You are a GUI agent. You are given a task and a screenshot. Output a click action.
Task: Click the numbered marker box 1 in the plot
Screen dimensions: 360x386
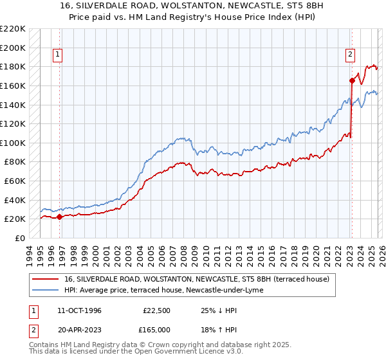[x=58, y=55]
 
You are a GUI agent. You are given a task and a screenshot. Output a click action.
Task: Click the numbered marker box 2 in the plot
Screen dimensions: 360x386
[x=351, y=55]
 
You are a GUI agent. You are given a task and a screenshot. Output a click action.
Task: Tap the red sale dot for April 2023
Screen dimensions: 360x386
[x=352, y=80]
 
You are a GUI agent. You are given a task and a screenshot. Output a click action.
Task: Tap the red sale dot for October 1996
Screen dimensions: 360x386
[x=60, y=217]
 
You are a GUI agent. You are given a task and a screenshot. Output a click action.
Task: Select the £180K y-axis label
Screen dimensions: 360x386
[x=13, y=66]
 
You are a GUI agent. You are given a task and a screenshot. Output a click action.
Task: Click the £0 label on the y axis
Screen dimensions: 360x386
[x=19, y=238]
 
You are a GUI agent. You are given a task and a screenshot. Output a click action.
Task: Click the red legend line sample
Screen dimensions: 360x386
[x=46, y=279]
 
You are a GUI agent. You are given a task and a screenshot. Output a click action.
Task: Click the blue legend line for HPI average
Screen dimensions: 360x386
[x=46, y=290]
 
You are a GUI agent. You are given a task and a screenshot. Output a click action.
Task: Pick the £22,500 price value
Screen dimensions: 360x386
[x=156, y=310]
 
